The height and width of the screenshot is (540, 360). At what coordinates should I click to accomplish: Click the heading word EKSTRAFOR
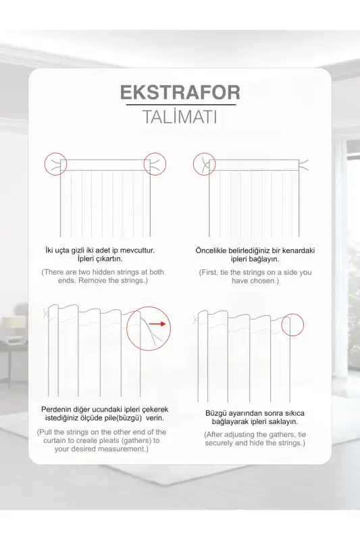tap(180, 92)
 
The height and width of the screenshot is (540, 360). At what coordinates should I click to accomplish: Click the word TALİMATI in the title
tap(180, 117)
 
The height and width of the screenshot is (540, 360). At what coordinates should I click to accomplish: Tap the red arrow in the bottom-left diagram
tap(159, 324)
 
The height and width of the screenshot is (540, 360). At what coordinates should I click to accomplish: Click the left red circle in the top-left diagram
tap(55, 163)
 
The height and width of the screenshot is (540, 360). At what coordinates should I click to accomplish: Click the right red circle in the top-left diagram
tap(155, 163)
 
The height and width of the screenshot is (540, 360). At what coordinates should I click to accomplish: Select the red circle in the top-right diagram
tap(204, 163)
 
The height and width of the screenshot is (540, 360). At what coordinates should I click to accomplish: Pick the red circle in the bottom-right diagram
tap(292, 325)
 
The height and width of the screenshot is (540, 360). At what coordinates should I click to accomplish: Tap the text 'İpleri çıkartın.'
tap(103, 259)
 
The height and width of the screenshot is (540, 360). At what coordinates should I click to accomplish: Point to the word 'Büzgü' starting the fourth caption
tap(216, 412)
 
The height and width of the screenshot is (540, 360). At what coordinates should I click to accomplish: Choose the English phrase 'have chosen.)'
tap(255, 281)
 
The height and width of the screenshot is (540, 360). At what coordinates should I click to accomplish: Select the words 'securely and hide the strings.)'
tap(255, 443)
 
